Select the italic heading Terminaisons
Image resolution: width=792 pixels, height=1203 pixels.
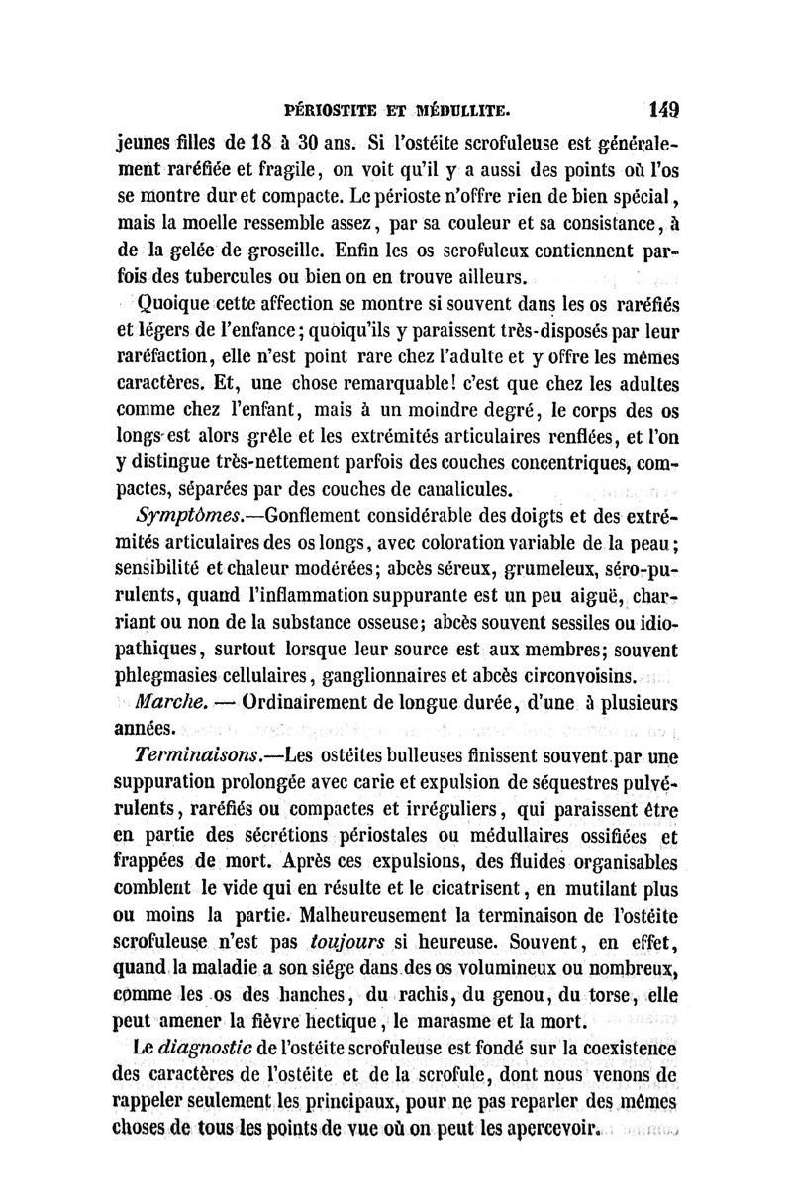click(195, 757)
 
